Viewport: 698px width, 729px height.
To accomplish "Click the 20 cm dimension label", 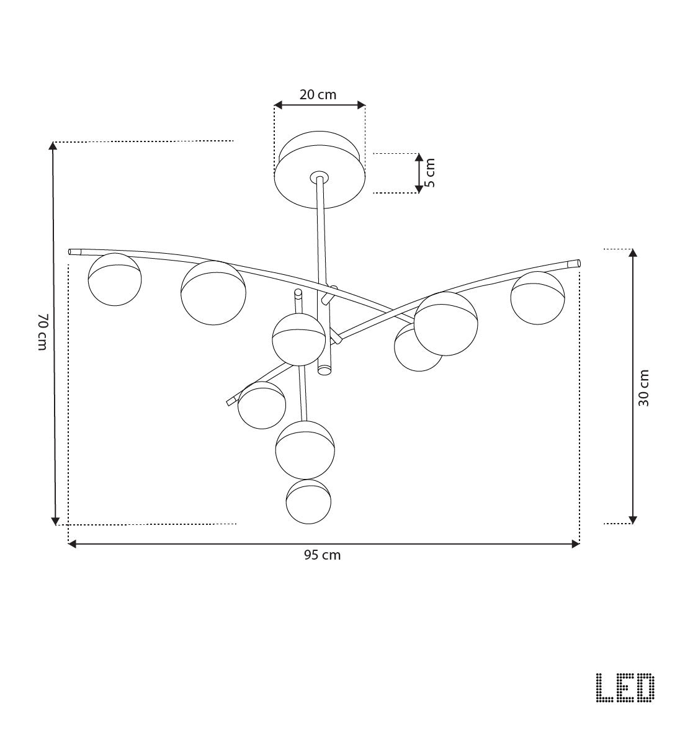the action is (318, 95).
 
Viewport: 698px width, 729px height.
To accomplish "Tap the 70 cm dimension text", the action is (42, 333).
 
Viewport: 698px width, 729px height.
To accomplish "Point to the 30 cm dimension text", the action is (644, 388).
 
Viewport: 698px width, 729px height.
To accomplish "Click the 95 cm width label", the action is (322, 555).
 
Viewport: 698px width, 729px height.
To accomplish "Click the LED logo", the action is (625, 688).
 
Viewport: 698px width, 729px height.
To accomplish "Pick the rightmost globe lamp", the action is (537, 298).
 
